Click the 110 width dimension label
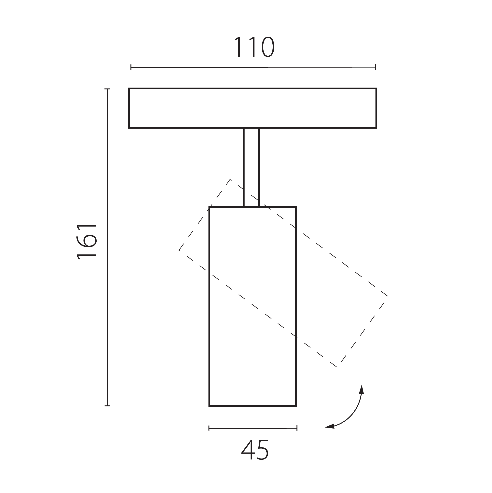254,47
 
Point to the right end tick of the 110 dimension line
376,67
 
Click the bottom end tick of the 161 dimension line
107,405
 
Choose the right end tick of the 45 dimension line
297,428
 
